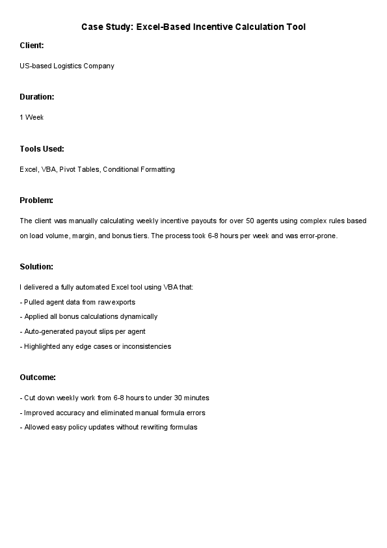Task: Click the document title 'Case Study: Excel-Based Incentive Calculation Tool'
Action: click(x=193, y=27)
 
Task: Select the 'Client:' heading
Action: click(x=32, y=46)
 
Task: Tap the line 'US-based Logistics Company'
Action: click(x=67, y=66)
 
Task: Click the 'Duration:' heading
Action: click(x=37, y=97)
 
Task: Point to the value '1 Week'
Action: click(x=31, y=117)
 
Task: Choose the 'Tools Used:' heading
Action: click(x=42, y=149)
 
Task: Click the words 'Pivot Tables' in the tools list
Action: click(x=79, y=169)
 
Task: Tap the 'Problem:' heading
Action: click(x=36, y=200)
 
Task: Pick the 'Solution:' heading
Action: click(x=36, y=267)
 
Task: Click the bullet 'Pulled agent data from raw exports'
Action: click(x=78, y=302)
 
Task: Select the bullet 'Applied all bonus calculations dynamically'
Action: click(x=89, y=316)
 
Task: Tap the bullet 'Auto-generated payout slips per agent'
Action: click(x=83, y=331)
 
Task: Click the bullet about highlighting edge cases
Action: click(x=96, y=346)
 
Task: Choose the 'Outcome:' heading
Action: click(x=38, y=377)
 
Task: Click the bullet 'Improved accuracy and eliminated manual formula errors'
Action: click(x=113, y=413)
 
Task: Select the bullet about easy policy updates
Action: click(x=109, y=428)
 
